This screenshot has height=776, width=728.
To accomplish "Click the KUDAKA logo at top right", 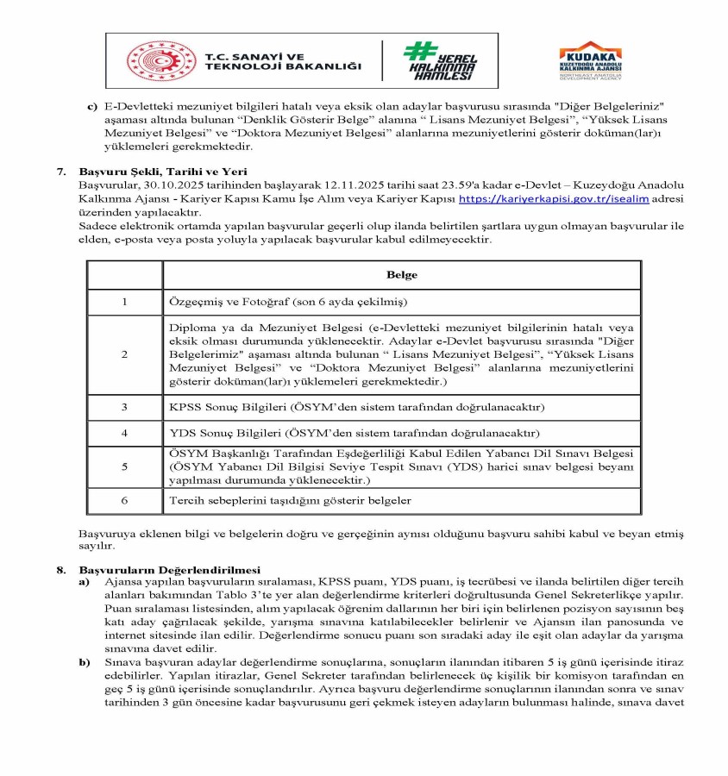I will pyautogui.click(x=591, y=60).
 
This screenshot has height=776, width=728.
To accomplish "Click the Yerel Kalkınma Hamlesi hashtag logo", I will pyautogui.click(x=440, y=61).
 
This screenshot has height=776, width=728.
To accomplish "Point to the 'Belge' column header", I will pyautogui.click(x=402, y=275).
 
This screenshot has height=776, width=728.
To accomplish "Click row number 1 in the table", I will pyautogui.click(x=124, y=303).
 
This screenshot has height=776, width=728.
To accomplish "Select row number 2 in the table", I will pyautogui.click(x=124, y=354).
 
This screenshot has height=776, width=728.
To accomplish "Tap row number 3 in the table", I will pyautogui.click(x=124, y=407).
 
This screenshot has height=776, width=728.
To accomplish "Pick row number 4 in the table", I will pyautogui.click(x=124, y=433).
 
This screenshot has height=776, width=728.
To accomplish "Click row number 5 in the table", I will pyautogui.click(x=124, y=466).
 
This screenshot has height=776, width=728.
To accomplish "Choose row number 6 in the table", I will pyautogui.click(x=124, y=500).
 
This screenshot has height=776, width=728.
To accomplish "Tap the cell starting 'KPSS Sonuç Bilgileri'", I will pyautogui.click(x=357, y=407).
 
